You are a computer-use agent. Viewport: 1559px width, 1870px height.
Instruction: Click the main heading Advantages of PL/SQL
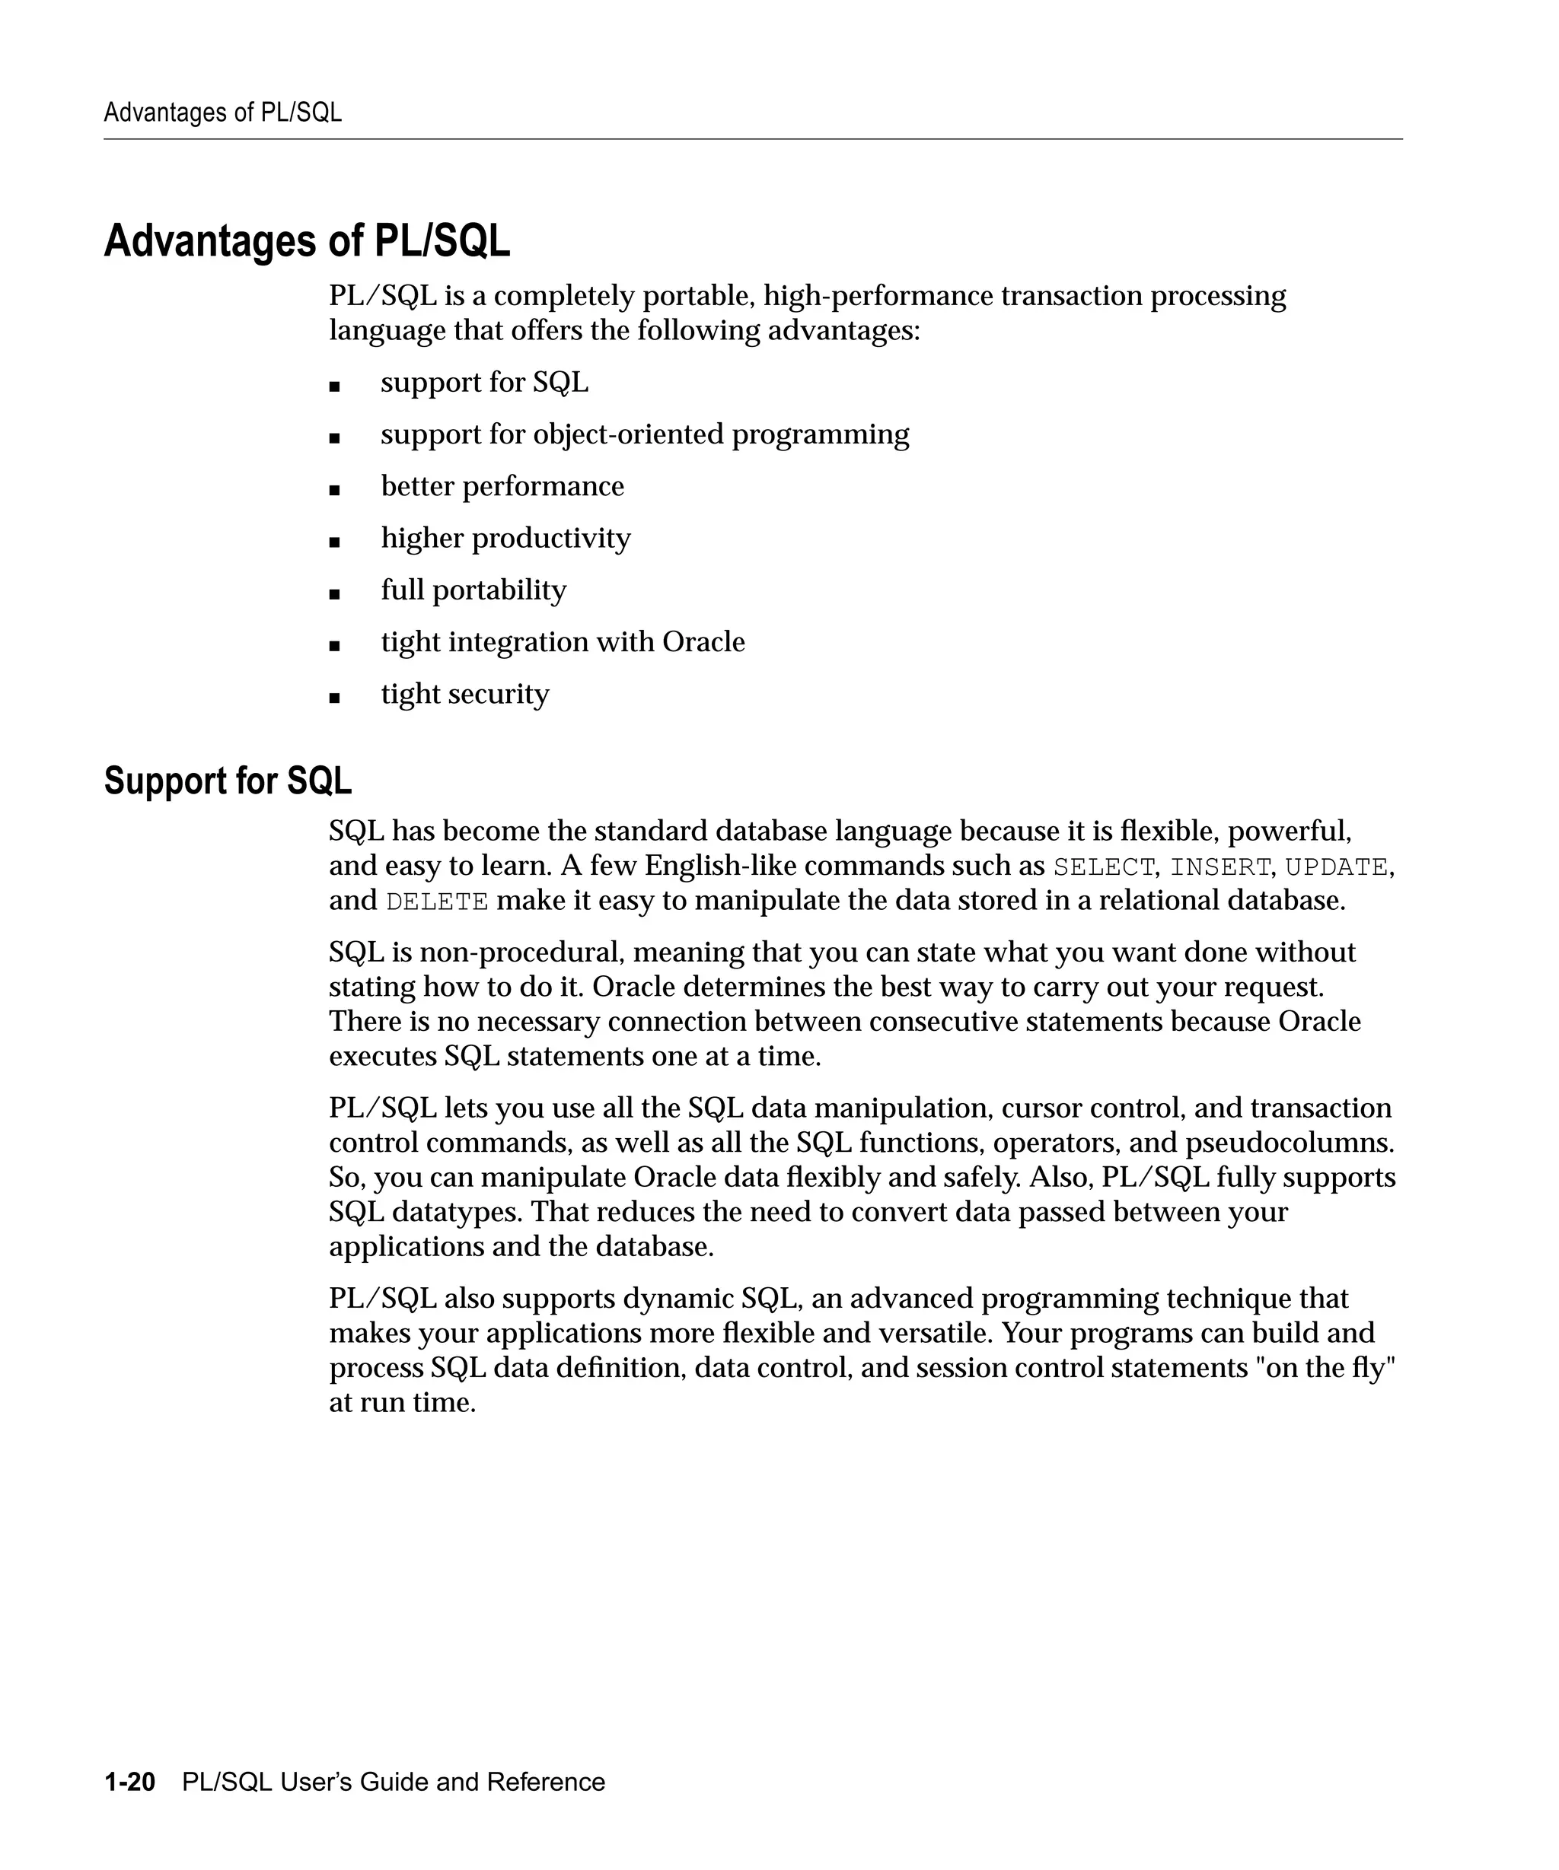[307, 241]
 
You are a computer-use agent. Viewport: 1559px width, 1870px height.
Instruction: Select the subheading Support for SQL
[228, 781]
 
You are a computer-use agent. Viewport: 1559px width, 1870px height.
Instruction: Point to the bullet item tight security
[464, 695]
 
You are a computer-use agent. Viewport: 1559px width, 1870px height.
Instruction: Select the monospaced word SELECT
[1103, 867]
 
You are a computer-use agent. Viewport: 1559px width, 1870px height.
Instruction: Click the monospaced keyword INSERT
[1219, 867]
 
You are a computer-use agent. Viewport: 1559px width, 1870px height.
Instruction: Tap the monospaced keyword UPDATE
[1335, 867]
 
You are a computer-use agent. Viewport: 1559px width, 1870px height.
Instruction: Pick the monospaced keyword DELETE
[436, 902]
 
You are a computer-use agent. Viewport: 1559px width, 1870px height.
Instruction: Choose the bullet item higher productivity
[505, 539]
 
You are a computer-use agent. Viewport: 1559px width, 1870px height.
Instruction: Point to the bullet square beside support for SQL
[334, 386]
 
